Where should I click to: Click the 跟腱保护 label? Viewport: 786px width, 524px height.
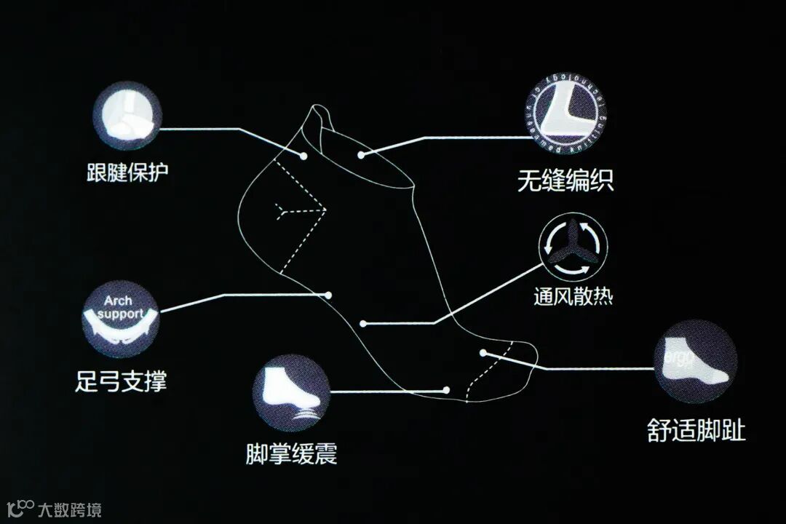[x=127, y=172]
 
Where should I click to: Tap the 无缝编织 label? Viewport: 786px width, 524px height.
[x=565, y=180]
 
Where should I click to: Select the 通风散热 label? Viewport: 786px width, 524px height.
[x=573, y=296]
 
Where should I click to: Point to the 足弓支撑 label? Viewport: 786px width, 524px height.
[x=121, y=379]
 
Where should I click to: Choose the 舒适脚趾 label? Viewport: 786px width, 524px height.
[x=696, y=430]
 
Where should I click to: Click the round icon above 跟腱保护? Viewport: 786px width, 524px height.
[x=127, y=115]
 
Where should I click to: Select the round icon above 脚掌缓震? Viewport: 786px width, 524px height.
[x=291, y=393]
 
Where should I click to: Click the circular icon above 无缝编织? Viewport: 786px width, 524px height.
[x=566, y=115]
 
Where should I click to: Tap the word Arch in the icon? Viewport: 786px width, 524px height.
[x=118, y=301]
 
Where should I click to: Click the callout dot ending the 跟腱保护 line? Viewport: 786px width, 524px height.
[x=303, y=155]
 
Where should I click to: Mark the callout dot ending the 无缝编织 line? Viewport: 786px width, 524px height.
[x=361, y=155]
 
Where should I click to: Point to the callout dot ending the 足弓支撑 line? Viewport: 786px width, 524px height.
[x=329, y=295]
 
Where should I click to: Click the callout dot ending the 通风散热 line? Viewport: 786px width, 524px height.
[x=362, y=323]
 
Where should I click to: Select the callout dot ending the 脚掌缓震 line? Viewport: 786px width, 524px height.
[x=446, y=391]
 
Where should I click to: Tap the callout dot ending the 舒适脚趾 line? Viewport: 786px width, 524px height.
[x=483, y=353]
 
